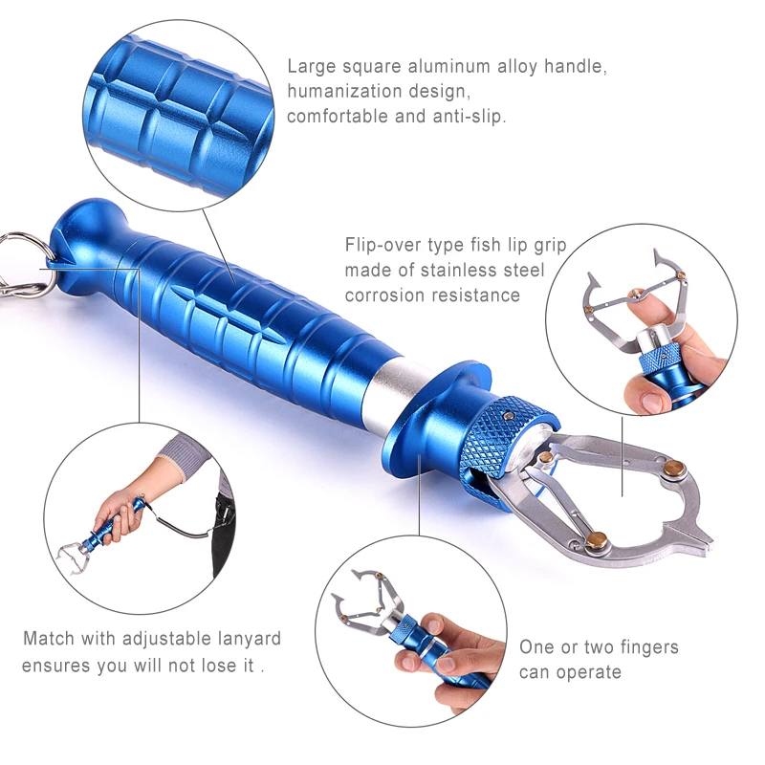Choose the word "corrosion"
click(381, 295)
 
